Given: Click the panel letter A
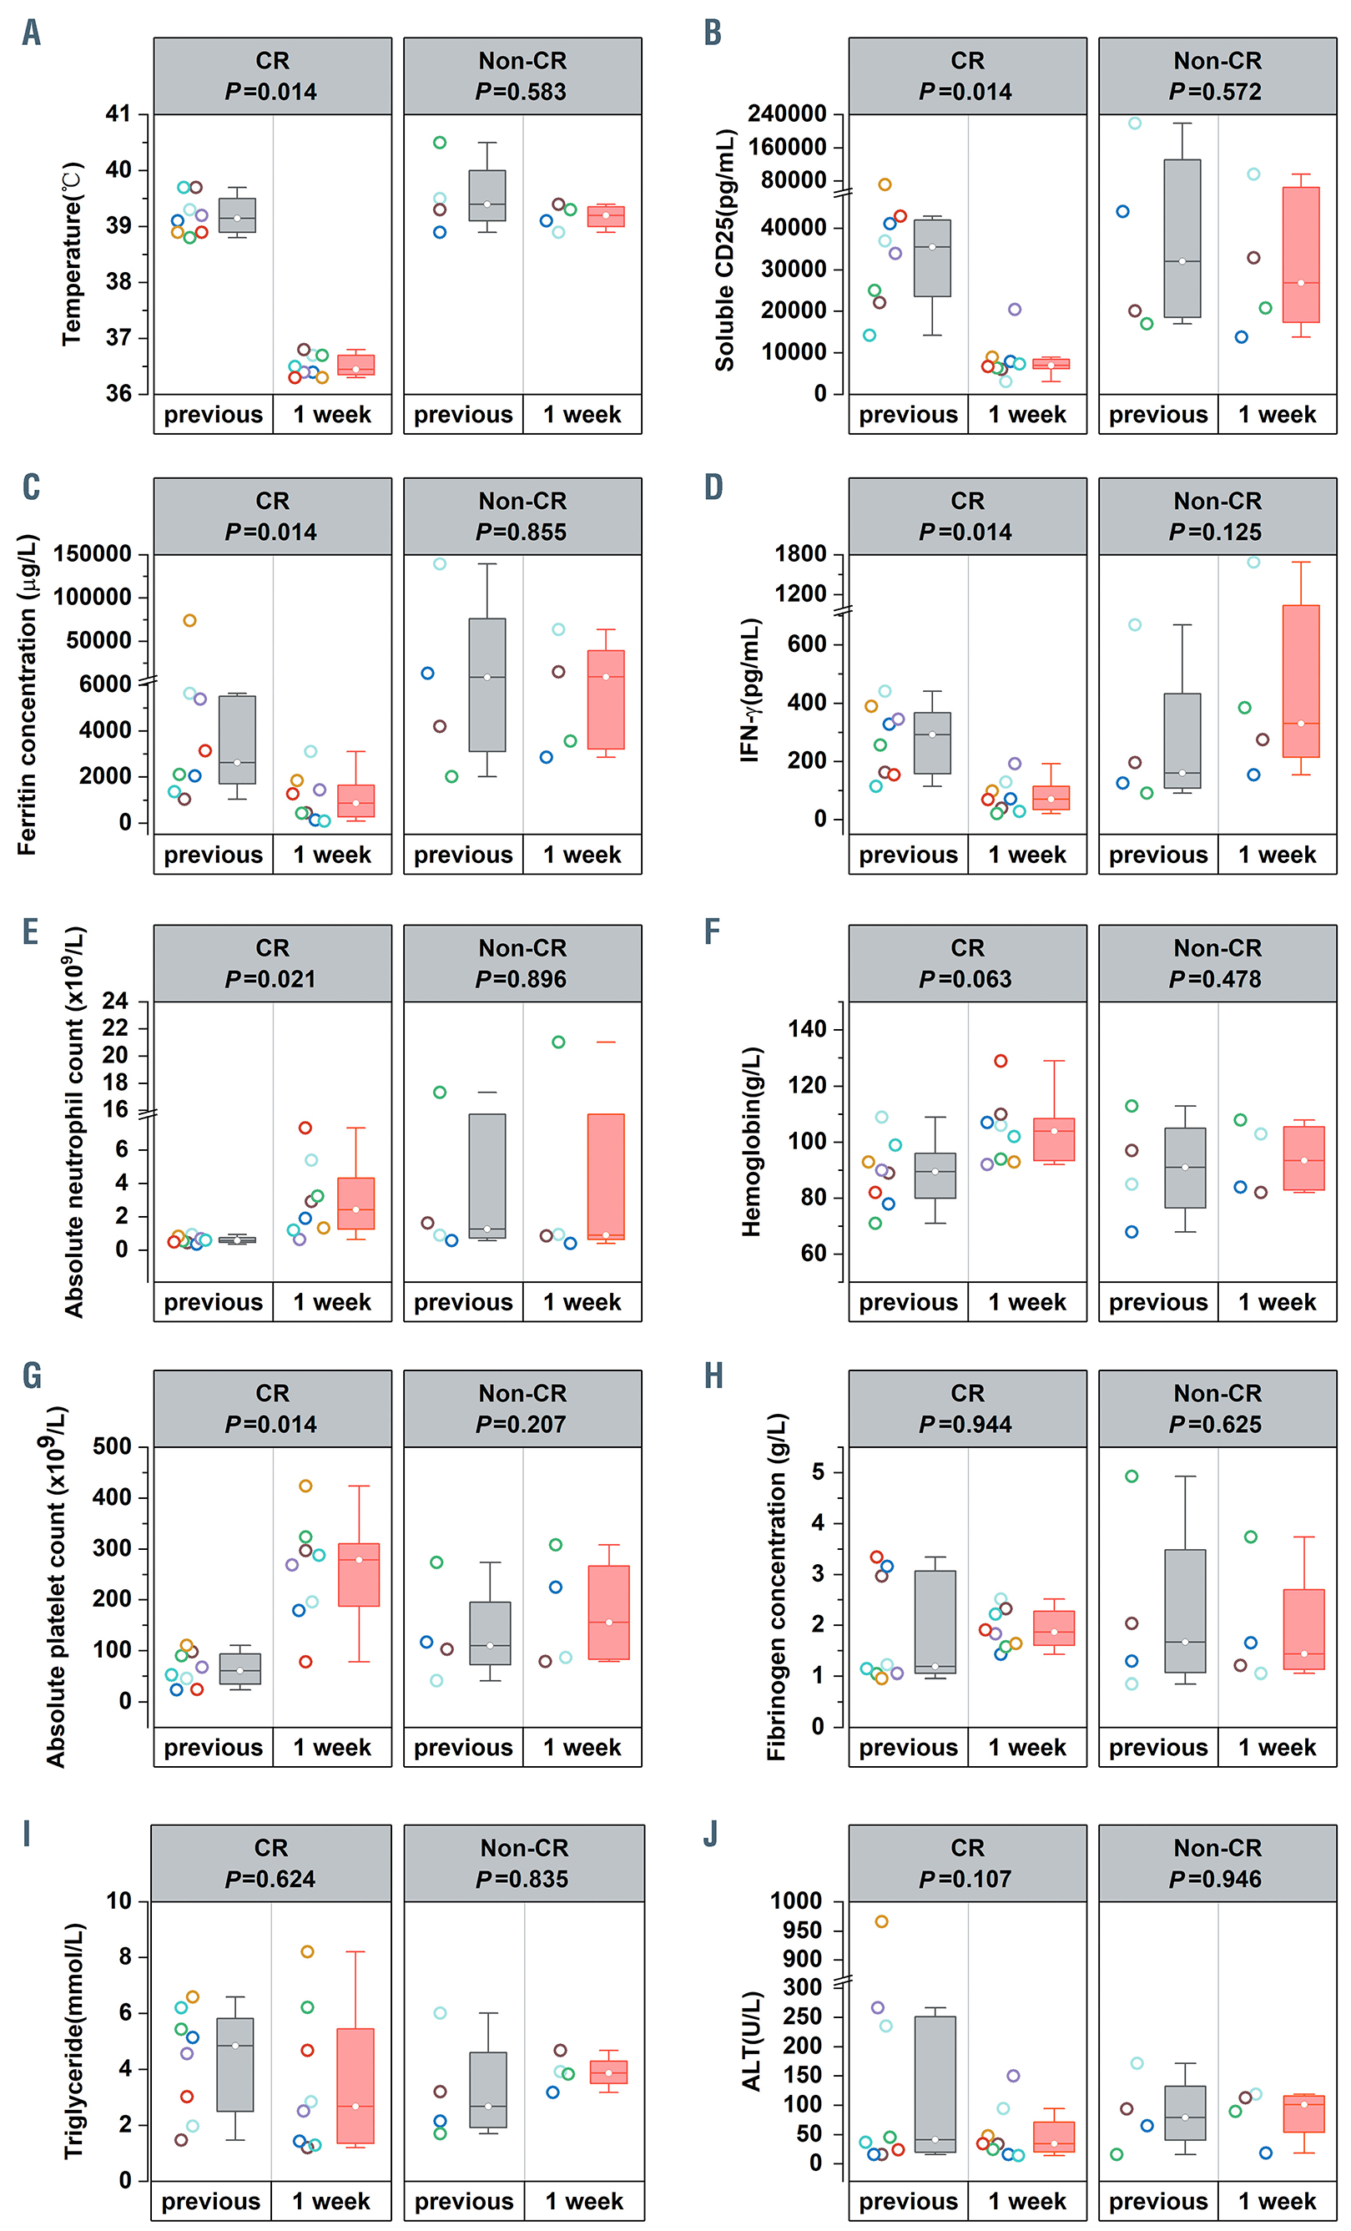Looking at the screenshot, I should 31,33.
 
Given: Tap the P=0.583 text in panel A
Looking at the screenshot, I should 522,92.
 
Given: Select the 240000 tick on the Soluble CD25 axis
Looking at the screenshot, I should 786,114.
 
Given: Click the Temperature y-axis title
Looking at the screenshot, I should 73,254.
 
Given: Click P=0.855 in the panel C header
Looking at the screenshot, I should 522,532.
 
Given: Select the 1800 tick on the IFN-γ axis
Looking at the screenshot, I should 800,554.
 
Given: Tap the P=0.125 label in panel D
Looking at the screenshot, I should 1216,532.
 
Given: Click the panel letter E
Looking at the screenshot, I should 31,931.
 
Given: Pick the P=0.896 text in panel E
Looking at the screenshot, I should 522,979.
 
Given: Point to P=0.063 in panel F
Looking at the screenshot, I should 965,979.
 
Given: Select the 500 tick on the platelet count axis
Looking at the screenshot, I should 113,1447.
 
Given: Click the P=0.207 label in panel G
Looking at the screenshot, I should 522,1424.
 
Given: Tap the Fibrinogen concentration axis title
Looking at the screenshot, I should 777,1587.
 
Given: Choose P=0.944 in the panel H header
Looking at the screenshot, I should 965,1424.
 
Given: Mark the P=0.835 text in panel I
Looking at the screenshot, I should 522,1879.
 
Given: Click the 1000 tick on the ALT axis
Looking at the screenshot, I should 796,1901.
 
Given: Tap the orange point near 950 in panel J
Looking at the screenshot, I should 881,1921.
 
